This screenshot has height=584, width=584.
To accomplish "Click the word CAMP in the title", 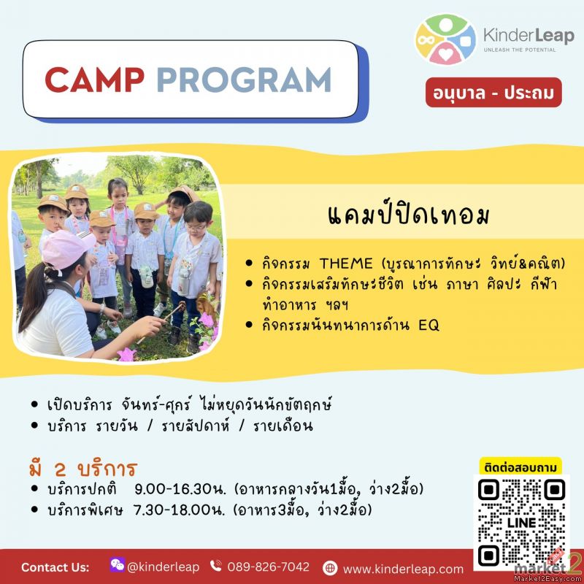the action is (x=94, y=80).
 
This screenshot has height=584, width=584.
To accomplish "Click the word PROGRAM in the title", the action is (x=245, y=80).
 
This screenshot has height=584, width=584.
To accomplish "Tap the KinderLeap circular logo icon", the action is (x=445, y=39).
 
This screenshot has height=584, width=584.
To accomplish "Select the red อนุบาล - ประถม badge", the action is (x=493, y=93).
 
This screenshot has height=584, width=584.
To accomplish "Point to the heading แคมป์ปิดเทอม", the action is (x=409, y=215).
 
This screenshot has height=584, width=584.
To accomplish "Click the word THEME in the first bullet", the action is (x=346, y=264).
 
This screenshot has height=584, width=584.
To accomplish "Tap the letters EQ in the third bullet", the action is (x=429, y=325).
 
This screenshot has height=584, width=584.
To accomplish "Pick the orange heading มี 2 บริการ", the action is (x=83, y=469).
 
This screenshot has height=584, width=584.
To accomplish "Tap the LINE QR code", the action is (x=521, y=522).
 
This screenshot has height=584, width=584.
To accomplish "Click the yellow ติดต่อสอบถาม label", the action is (x=520, y=467).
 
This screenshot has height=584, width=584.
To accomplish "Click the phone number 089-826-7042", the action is (x=268, y=567).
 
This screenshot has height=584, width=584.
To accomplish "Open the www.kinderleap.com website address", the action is (x=403, y=569).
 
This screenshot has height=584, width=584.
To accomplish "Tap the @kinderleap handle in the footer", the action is (x=163, y=567).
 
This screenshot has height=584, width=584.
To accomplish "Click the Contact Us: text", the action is (x=55, y=567).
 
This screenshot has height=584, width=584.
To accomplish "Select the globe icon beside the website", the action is (x=330, y=569).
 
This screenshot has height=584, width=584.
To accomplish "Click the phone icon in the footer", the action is (x=216, y=566).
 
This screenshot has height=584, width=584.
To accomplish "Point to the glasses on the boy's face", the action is (x=195, y=226).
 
